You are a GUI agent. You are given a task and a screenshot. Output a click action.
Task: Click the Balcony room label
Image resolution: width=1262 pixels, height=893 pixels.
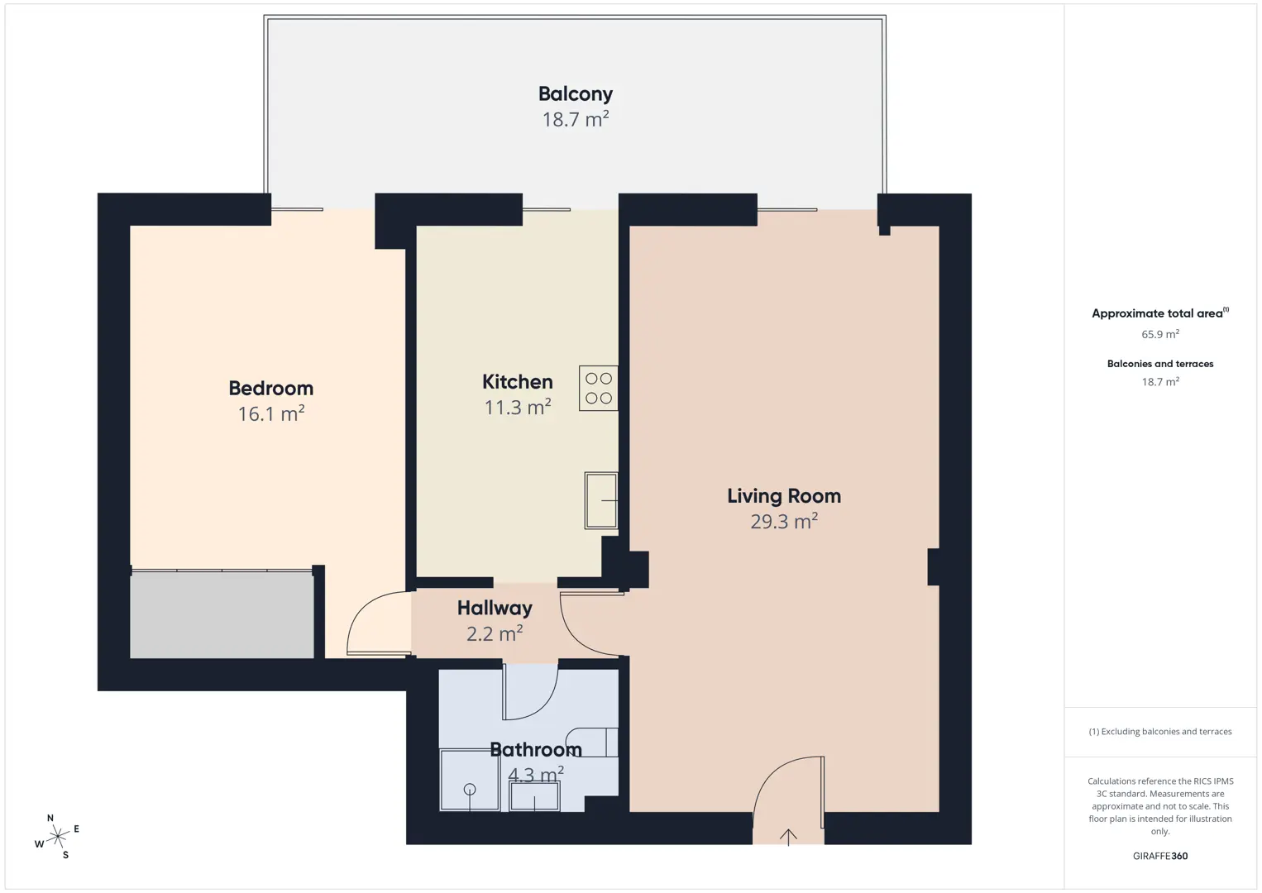(576, 94)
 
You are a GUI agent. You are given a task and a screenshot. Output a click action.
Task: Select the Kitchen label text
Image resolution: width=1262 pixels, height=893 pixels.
(517, 381)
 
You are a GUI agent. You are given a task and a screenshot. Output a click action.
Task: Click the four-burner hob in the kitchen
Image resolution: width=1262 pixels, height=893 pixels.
(598, 388)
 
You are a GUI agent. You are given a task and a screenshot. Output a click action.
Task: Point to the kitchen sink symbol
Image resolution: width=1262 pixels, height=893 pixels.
(601, 500)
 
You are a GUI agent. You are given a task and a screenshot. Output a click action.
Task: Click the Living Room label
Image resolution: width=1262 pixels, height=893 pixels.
(784, 496)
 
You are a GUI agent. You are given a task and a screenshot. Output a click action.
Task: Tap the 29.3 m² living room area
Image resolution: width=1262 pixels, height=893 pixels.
(784, 521)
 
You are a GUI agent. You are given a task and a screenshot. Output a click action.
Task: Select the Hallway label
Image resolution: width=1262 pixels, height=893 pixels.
(495, 608)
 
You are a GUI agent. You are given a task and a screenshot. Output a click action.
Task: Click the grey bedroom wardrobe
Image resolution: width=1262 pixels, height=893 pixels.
(222, 614)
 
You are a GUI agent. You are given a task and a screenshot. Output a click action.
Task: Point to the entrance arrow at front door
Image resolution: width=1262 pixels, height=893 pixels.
(788, 838)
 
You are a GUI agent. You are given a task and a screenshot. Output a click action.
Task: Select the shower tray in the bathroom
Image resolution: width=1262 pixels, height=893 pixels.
(470, 781)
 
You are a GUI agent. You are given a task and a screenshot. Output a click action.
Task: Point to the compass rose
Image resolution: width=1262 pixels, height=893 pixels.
(57, 837)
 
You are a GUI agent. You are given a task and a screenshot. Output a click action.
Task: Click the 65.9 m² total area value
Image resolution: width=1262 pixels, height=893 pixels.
(1160, 334)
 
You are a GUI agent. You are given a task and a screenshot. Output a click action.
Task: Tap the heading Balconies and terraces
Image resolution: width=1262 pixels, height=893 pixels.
(1160, 364)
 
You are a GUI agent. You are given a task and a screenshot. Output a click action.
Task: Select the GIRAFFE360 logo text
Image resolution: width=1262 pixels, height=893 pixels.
(1160, 856)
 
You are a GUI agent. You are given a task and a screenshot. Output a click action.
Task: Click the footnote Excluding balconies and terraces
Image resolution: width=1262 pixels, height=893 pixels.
(1160, 731)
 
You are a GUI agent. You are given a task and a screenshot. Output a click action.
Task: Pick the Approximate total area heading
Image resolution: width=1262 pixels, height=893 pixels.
(1160, 313)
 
